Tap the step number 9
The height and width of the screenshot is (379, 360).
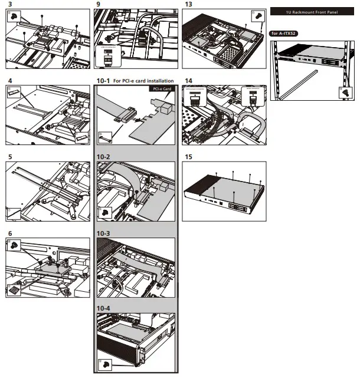(x=98, y=4)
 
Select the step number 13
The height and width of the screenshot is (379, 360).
(x=188, y=4)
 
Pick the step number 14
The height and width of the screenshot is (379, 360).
(x=188, y=81)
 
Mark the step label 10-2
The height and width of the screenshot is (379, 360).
(x=103, y=157)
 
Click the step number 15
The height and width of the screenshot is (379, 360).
(x=188, y=157)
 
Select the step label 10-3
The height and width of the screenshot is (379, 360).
(x=103, y=234)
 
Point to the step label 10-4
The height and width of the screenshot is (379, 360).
(x=103, y=308)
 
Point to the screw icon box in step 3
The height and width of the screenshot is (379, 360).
(x=12, y=16)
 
